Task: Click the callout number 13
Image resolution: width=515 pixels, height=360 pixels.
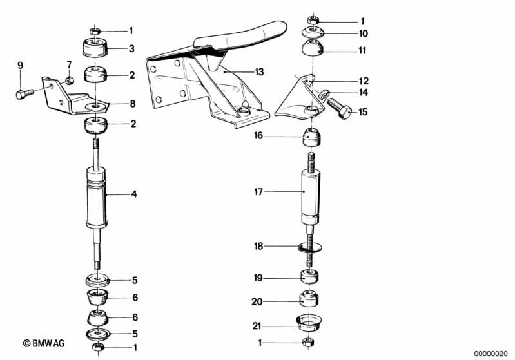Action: point(260,72)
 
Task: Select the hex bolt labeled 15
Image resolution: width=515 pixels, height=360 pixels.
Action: point(340,108)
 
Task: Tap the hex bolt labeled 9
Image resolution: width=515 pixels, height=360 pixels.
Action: point(24,94)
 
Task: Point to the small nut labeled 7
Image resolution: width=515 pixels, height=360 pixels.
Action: point(69,80)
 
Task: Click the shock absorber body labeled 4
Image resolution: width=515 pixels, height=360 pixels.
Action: point(96,197)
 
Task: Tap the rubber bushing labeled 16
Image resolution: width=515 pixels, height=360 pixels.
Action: point(311,137)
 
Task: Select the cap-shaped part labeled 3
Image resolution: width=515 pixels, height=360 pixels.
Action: point(95,48)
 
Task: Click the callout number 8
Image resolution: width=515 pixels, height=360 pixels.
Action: point(133,104)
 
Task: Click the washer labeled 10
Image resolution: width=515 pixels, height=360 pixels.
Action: point(313,33)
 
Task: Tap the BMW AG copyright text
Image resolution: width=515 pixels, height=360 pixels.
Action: point(44,343)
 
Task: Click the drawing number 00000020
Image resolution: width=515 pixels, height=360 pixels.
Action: point(491,354)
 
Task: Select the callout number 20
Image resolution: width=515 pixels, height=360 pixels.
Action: point(257,301)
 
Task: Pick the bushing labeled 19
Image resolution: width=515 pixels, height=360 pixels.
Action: point(309,277)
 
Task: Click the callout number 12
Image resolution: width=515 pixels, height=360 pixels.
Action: point(364,81)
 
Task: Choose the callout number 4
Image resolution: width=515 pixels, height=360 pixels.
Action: point(133,194)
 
